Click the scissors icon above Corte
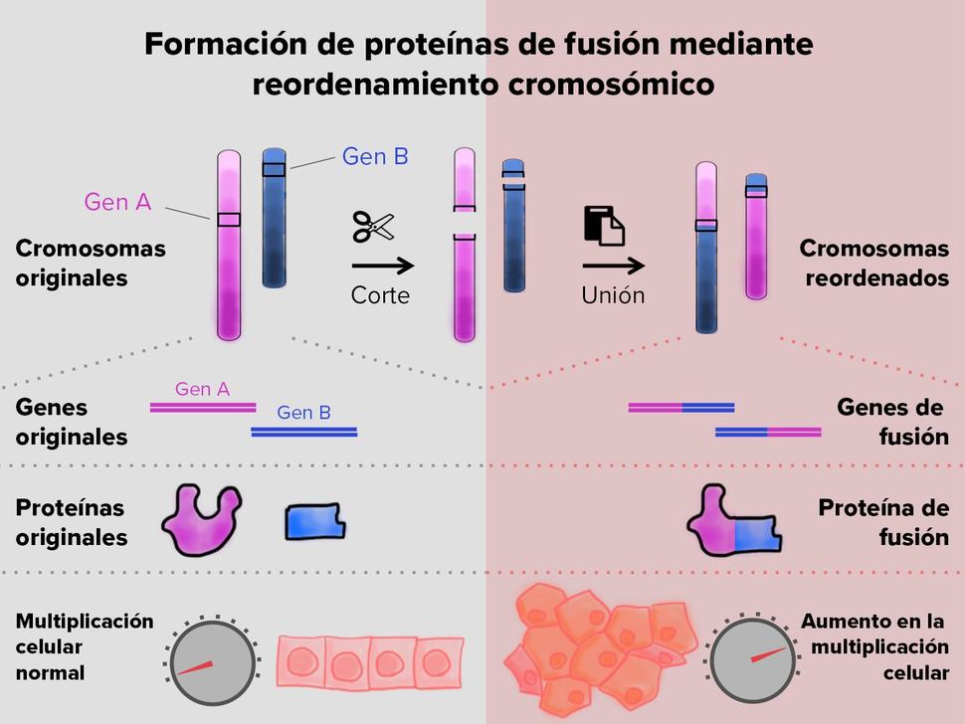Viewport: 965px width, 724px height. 373,226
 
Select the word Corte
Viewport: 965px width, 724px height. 380,295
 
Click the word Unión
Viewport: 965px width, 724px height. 613,295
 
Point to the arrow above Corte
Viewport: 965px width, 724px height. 382,266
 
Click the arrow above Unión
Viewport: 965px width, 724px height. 613,266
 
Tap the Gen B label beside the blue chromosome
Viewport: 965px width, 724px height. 375,156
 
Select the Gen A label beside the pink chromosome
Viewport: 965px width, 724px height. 117,202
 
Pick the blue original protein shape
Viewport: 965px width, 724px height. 315,520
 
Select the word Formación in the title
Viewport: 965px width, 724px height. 210,45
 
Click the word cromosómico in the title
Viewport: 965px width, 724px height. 611,85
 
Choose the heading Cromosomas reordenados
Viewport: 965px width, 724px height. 874,263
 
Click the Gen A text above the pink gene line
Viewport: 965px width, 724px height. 202,390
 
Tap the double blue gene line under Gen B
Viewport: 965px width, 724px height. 304,432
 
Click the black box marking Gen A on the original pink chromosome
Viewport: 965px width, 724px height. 229,219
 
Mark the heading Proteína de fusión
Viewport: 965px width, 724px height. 883,522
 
